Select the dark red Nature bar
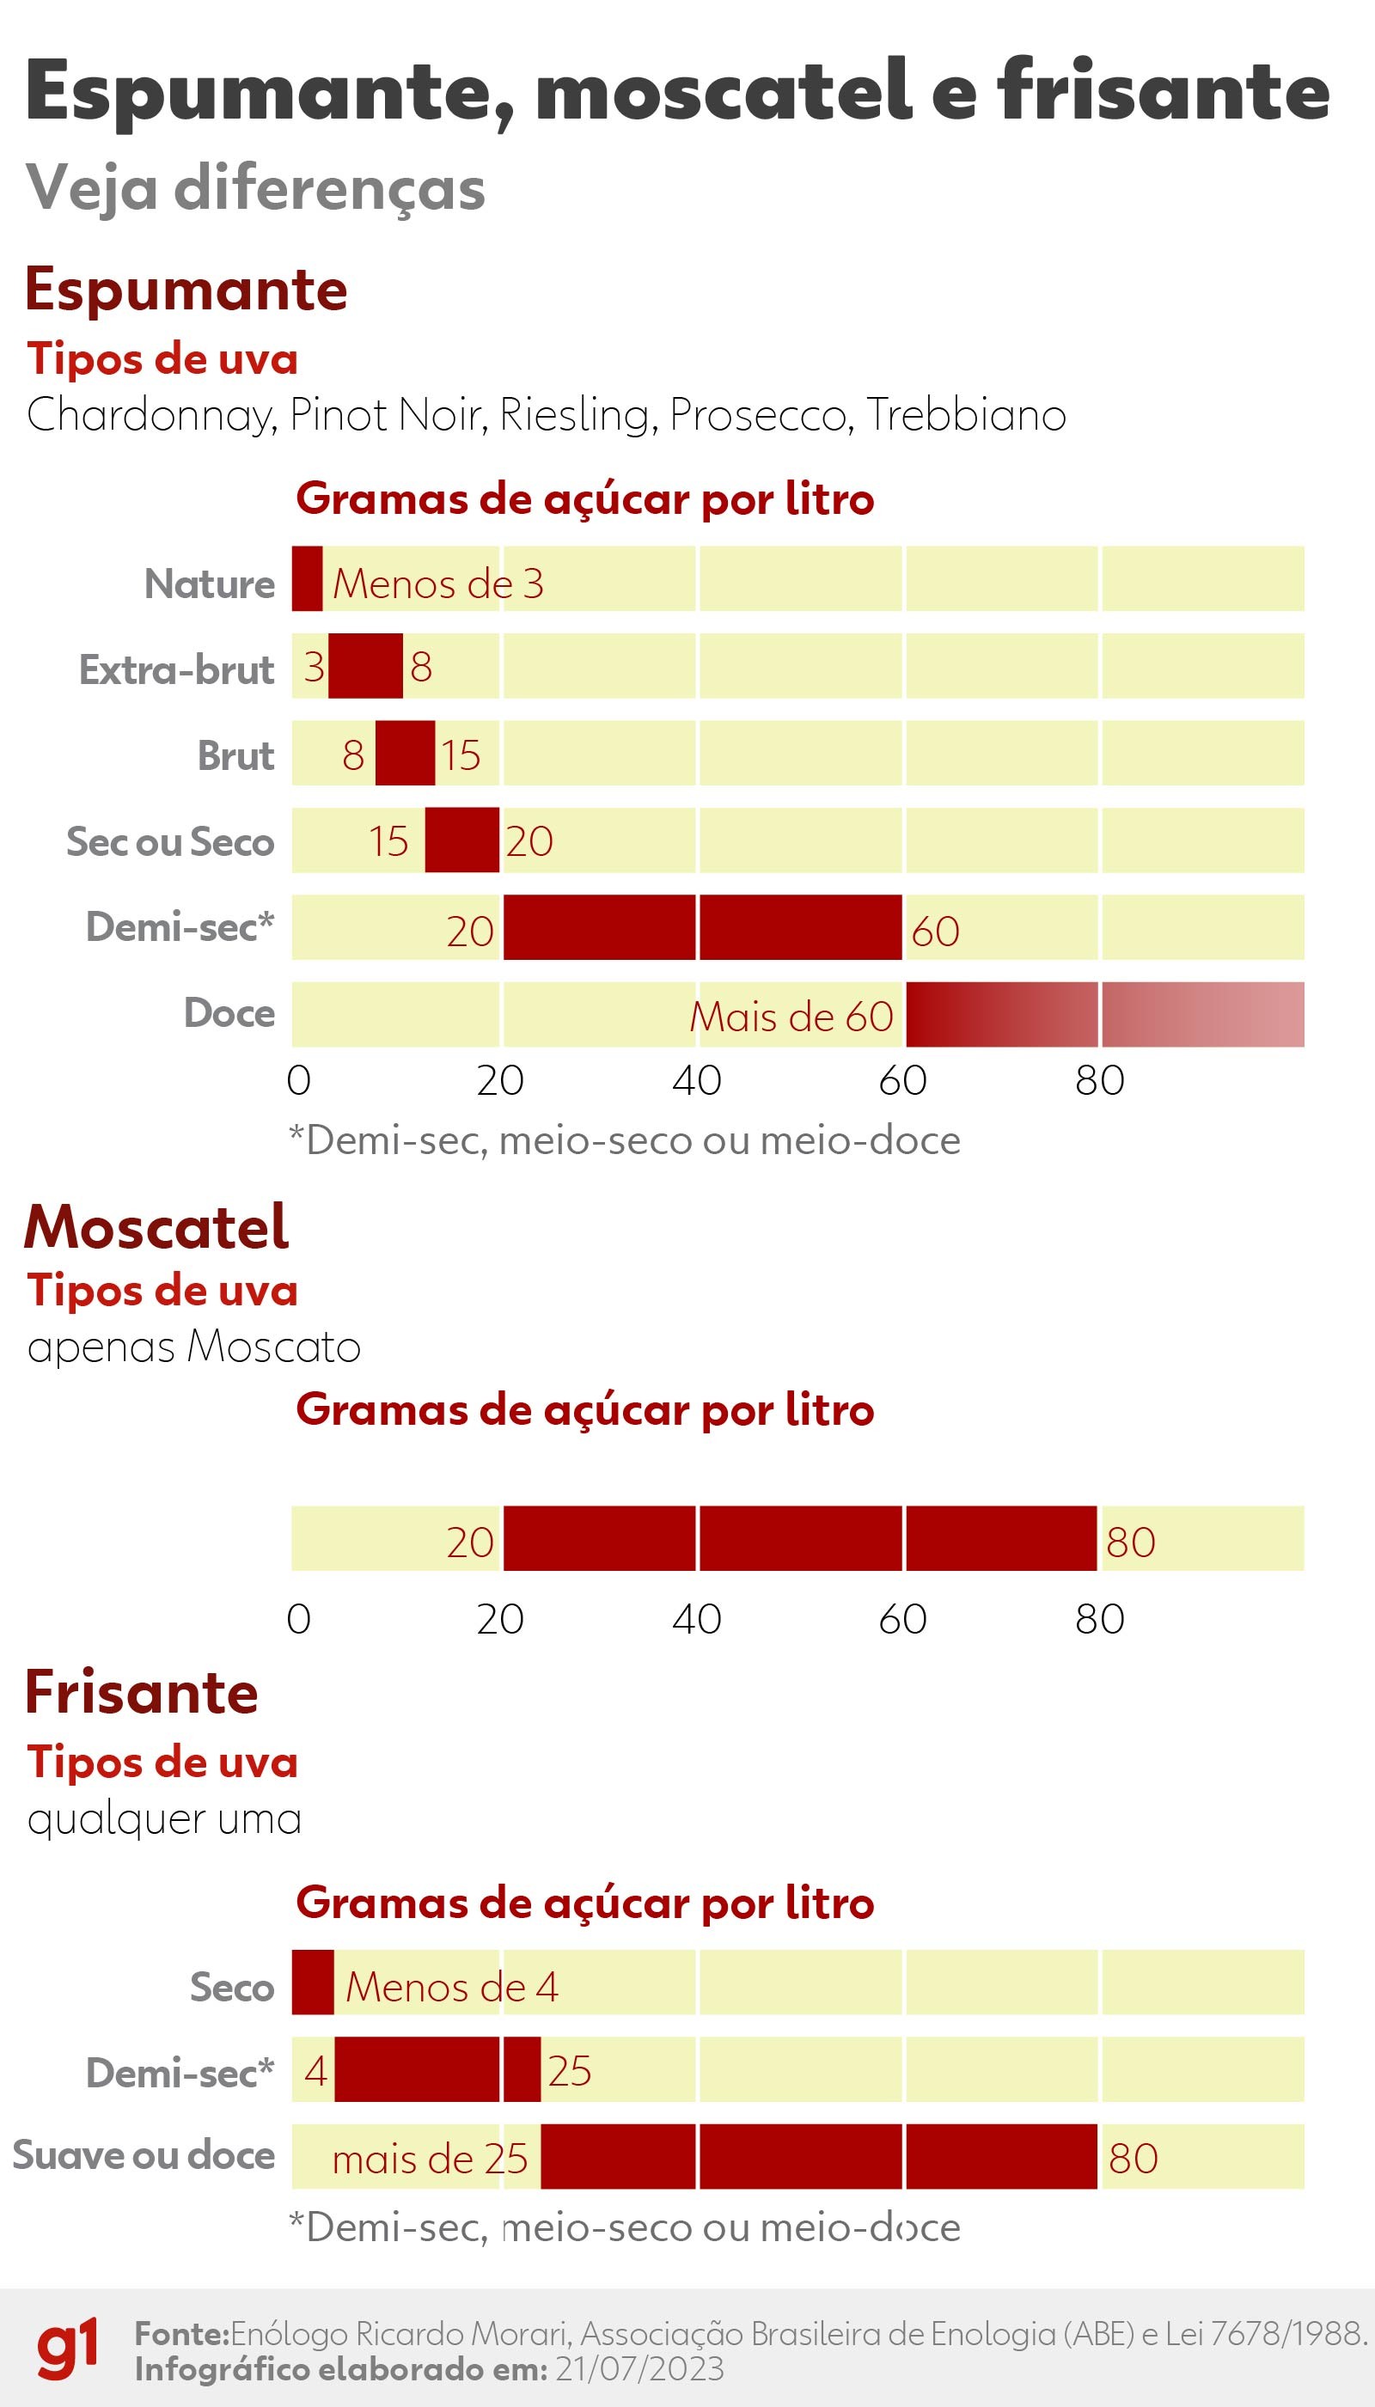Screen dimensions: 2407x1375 pyautogui.click(x=307, y=578)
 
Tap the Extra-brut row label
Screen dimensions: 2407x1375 pyautogui.click(x=176, y=669)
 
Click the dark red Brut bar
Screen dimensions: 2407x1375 pyautogui.click(x=405, y=753)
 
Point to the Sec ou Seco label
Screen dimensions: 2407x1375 pyautogui.click(x=170, y=841)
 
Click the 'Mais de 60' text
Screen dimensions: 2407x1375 pyautogui.click(x=791, y=1017)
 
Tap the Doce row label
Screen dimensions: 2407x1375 pyautogui.click(x=229, y=1013)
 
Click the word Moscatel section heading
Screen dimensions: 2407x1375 pyautogui.click(x=156, y=1228)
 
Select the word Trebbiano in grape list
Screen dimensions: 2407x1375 pyautogui.click(x=965, y=414)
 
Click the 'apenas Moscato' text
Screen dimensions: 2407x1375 pyautogui.click(x=193, y=1347)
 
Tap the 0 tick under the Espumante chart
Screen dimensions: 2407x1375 pyautogui.click(x=298, y=1080)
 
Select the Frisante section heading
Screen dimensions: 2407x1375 pyautogui.click(x=142, y=1692)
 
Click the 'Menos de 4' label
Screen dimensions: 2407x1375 pyautogui.click(x=451, y=1988)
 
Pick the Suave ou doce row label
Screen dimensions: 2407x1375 pyautogui.click(x=144, y=2156)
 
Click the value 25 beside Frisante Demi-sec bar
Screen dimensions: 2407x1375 pyautogui.click(x=570, y=2072)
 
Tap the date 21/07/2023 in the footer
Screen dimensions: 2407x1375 pyautogui.click(x=639, y=2369)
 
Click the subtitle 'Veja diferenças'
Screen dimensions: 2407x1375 pyautogui.click(x=255, y=187)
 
